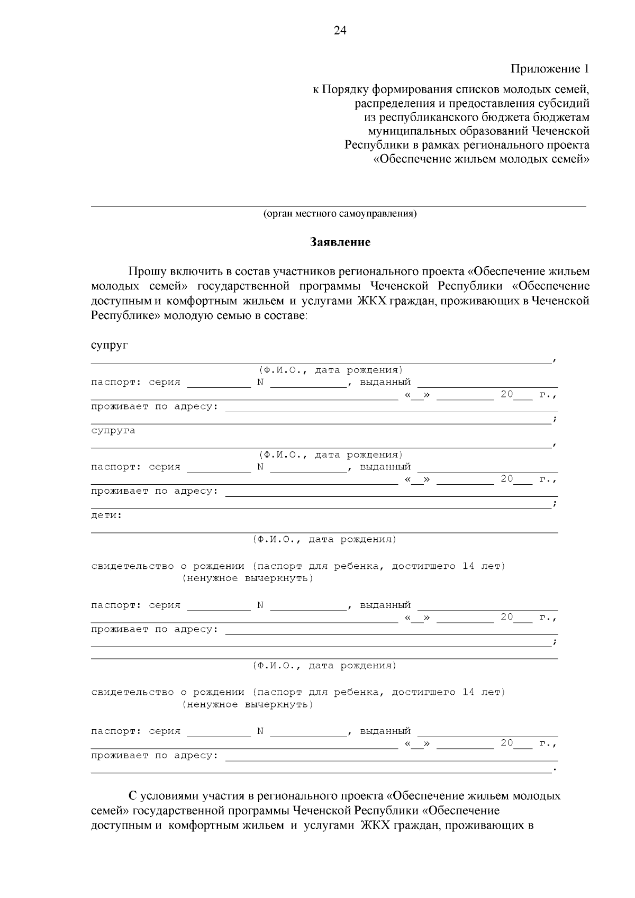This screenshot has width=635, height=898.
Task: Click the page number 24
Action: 340,31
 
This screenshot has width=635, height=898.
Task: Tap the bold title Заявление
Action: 340,242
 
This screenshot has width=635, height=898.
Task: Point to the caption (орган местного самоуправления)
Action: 340,214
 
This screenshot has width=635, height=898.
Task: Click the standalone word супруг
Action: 110,346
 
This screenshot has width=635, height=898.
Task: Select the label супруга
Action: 113,431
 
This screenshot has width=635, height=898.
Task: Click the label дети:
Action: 106,515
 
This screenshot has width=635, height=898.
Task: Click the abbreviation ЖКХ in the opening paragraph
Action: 373,301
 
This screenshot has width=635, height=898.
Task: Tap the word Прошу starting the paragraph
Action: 147,271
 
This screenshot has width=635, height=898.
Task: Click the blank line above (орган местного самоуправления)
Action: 339,205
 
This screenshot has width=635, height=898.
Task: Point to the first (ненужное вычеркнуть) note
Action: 248,578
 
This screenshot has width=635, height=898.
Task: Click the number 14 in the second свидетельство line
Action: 468,692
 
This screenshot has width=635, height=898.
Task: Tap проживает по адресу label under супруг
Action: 155,406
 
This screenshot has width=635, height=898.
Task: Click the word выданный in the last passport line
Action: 385,731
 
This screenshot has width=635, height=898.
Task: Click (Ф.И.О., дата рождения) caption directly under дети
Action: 324,539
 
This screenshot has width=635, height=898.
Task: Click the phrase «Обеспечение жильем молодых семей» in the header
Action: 481,159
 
